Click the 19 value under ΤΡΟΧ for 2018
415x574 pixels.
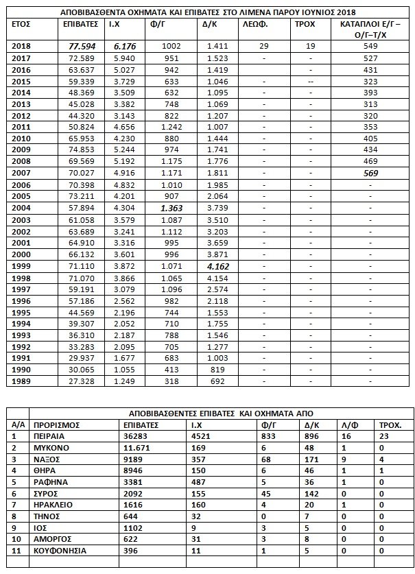point(311,46)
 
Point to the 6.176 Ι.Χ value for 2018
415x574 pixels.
point(126,46)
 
